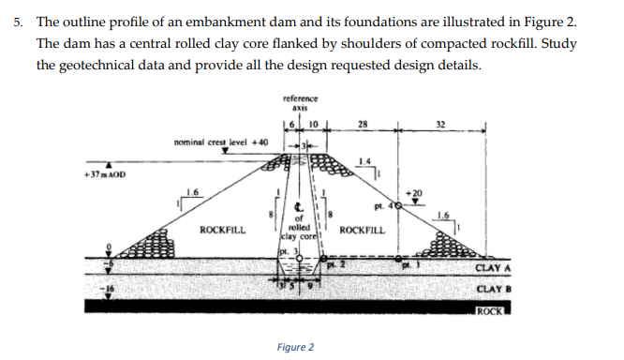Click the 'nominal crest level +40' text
(x=221, y=142)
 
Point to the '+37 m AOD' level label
(x=105, y=174)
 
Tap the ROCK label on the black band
(x=491, y=310)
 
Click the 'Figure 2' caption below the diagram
(x=295, y=348)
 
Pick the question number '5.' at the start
(x=18, y=21)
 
